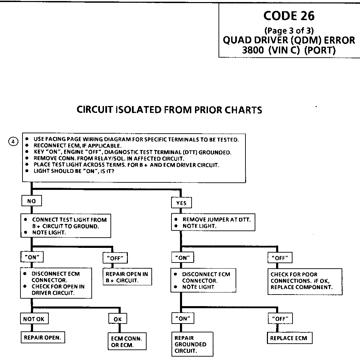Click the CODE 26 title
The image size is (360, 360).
[x=289, y=16]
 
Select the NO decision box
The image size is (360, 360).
[x=31, y=201]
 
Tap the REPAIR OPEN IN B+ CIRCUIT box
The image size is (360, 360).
[x=127, y=277]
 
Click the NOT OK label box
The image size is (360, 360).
[x=34, y=319]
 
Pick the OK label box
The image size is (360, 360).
[x=117, y=319]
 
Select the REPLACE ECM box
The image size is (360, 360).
[x=288, y=338]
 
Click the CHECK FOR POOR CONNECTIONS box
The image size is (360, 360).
[x=305, y=281]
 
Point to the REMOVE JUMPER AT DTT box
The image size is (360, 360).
[x=213, y=223]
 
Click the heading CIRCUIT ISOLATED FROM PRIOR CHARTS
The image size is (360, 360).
[x=169, y=110]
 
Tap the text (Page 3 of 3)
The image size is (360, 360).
[x=289, y=31]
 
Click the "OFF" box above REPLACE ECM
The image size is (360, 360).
[x=280, y=319]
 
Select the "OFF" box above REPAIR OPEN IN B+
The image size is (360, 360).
[x=115, y=258]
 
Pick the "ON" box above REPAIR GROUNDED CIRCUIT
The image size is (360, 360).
[x=183, y=319]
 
